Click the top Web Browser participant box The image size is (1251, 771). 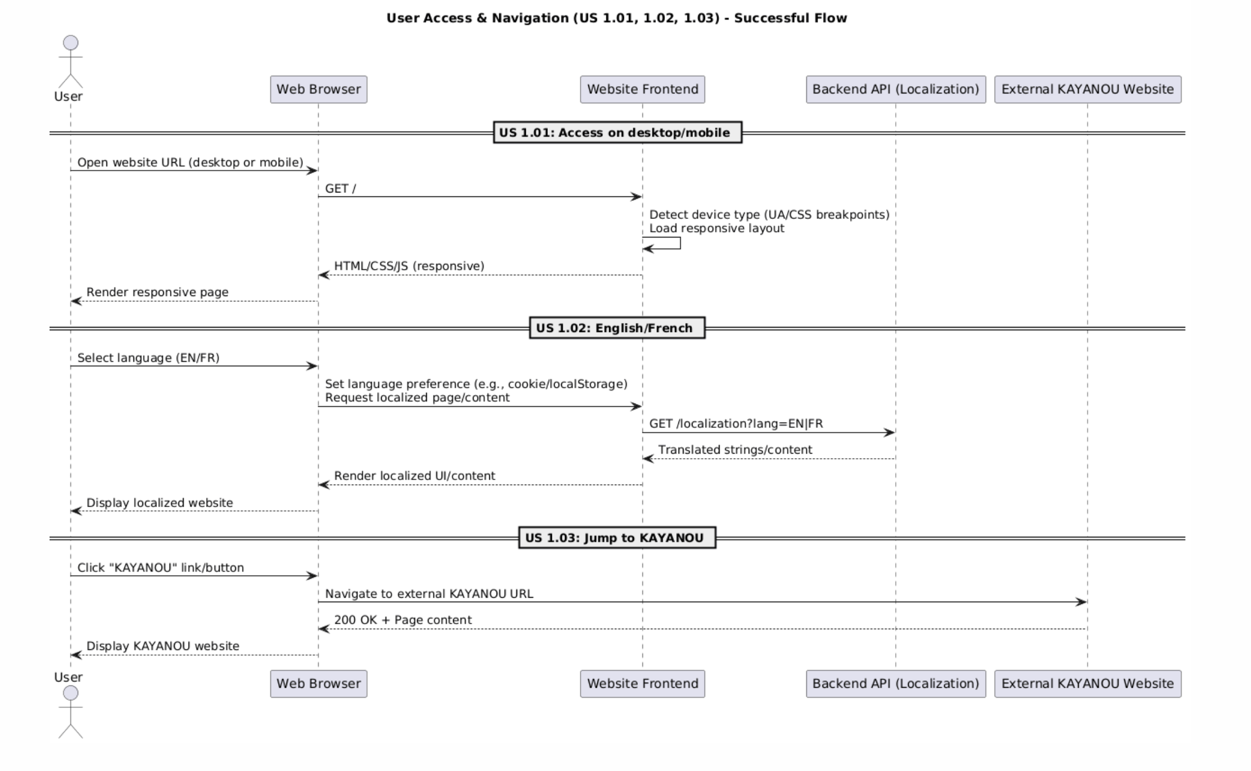318,89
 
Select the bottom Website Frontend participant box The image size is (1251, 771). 642,684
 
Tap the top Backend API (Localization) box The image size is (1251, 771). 895,89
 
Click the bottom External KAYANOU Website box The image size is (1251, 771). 1087,684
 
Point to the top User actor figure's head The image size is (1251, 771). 70,43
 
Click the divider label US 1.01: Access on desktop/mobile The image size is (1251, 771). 617,133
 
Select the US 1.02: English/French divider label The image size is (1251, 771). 616,328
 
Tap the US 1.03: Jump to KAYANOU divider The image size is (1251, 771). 616,538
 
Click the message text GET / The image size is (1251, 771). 340,189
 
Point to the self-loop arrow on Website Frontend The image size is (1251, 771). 670,244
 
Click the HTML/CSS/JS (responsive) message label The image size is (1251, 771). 409,266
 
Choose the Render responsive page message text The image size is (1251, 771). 157,293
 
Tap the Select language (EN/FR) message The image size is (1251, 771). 148,358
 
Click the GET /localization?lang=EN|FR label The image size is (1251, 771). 735,424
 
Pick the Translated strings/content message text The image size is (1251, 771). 735,450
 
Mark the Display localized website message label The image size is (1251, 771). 159,503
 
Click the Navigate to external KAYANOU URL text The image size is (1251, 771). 428,594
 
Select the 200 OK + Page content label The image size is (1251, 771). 403,620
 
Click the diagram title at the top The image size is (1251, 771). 616,18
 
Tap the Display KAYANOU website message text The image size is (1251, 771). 162,646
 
